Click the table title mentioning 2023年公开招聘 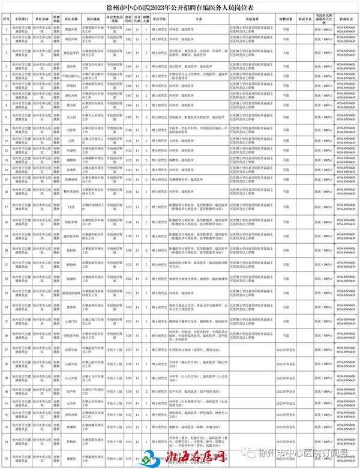click(x=180, y=7)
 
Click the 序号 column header click(x=5, y=19)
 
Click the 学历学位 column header click(x=159, y=19)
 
